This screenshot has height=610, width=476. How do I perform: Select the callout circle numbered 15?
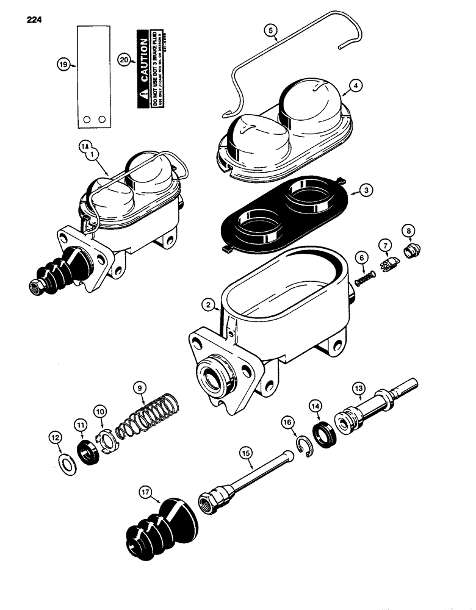pos(246,453)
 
